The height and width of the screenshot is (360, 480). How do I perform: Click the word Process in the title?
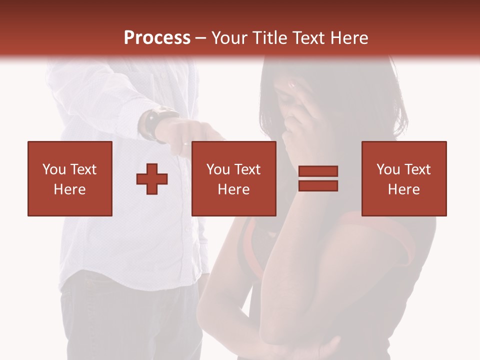pos(157,38)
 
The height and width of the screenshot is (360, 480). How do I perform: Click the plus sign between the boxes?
pos(152,178)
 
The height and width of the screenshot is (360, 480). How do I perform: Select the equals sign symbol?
pos(318,178)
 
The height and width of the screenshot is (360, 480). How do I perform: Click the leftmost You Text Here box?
pos(70,178)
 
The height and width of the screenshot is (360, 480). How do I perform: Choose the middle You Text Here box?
pos(234,178)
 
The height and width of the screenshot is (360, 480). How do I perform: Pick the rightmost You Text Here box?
pos(404,178)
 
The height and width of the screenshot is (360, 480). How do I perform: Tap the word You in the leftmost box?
pos(53,169)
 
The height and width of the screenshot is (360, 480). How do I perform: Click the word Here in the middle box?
pos(234,189)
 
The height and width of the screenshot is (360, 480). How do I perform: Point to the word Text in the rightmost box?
pos(416,169)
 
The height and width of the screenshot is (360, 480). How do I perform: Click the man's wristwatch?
pos(152,124)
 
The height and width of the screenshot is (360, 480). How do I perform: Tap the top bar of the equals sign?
pos(318,171)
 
